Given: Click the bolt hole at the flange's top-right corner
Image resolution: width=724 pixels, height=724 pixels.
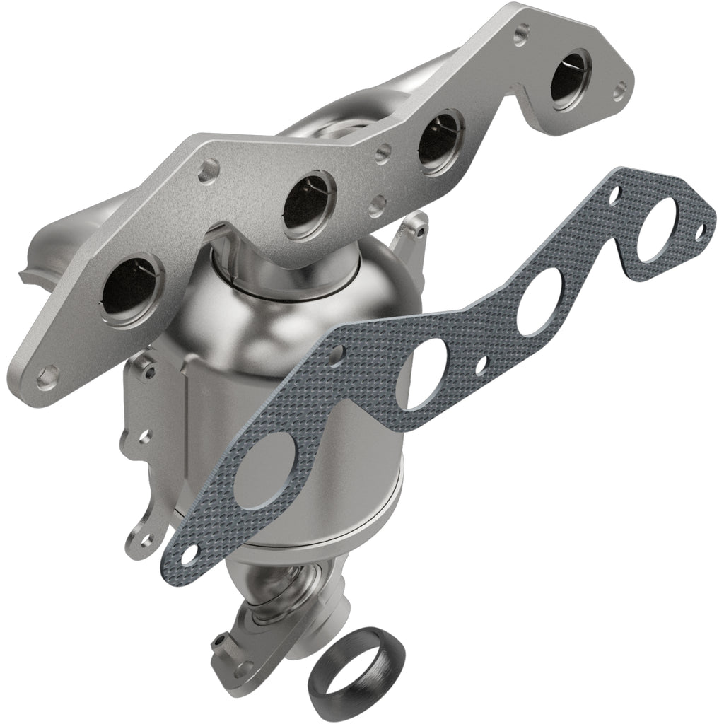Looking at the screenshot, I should [619, 90].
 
